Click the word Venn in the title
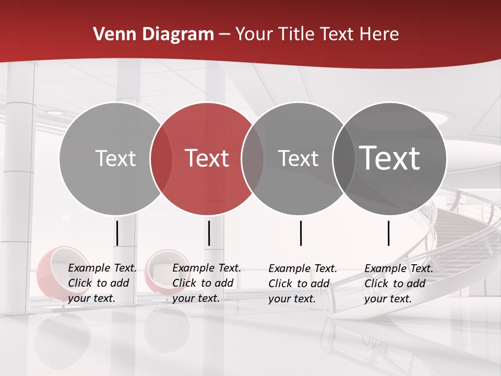pos(112,34)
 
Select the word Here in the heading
pos(379,34)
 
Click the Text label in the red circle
pos(207,158)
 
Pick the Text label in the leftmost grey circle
pos(115,158)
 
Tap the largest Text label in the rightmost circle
pos(390,158)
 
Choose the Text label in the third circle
pos(298,158)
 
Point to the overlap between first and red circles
pos(161,158)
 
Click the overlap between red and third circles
pos(253,158)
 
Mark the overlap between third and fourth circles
pos(343,158)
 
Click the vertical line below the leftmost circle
pos(117,233)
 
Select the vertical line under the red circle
pos(209,233)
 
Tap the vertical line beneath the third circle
pos(301,233)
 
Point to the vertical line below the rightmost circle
pos(389,233)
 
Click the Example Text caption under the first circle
pos(102,283)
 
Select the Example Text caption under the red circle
pos(207,283)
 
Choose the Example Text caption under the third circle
pos(303,284)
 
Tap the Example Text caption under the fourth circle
pos(399,284)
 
